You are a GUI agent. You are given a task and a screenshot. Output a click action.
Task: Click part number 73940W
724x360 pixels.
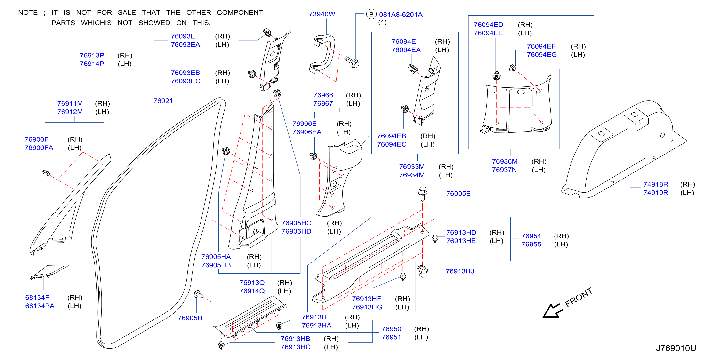point(322,14)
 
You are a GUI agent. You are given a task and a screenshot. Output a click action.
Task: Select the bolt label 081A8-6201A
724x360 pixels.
point(401,15)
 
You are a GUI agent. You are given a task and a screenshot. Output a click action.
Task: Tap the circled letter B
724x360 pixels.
point(371,14)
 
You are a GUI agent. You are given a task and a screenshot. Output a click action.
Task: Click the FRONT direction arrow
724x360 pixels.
point(553,311)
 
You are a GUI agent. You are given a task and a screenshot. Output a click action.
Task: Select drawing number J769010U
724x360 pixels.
point(676,348)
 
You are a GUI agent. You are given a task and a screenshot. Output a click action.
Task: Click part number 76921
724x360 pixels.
point(163,101)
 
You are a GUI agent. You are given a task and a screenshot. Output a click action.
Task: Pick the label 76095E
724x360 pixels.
point(459,194)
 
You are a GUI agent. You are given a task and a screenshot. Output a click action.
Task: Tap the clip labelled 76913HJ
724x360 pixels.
point(422,271)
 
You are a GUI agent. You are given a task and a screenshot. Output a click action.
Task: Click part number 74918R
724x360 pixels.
point(656,185)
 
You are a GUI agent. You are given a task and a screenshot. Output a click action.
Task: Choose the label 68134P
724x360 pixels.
point(37,298)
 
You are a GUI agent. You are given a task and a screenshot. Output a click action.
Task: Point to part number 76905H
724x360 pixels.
point(190,318)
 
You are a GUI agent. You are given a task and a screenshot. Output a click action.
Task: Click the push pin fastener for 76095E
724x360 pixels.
point(422,194)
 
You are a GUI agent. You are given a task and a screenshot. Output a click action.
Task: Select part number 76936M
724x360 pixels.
point(505,161)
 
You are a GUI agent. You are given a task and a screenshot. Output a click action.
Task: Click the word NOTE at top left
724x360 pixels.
point(28,13)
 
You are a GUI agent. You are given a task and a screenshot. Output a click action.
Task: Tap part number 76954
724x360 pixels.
point(531,236)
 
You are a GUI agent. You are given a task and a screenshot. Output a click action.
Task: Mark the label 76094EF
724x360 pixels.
point(541,46)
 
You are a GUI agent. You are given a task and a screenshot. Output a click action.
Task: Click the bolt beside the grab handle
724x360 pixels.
point(352,62)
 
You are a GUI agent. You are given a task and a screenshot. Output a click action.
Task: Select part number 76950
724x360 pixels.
point(391,329)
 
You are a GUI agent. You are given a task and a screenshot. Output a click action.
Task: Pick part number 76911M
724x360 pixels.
point(70,104)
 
